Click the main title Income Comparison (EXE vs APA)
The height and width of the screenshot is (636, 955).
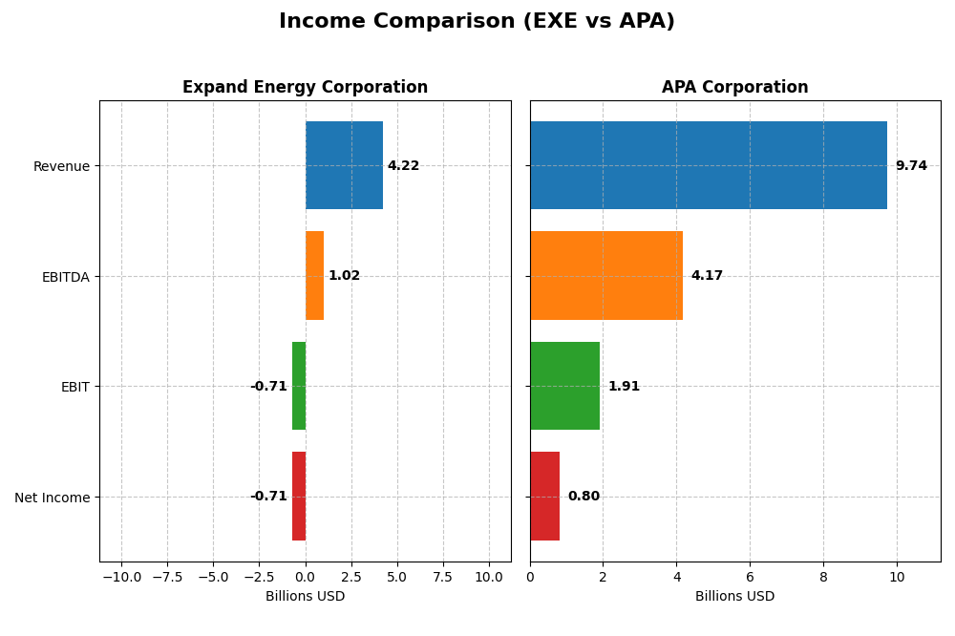[477, 22]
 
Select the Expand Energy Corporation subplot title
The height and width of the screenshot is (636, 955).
[305, 88]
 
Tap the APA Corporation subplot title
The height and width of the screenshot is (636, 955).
[734, 88]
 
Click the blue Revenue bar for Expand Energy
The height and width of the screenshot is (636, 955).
[344, 165]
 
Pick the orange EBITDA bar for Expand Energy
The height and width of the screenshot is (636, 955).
[314, 276]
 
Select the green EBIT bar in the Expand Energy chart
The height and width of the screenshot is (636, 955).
[299, 386]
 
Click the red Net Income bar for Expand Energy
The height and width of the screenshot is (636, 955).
[299, 497]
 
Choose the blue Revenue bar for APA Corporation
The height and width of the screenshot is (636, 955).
[708, 165]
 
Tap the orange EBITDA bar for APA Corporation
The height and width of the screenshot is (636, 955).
[605, 276]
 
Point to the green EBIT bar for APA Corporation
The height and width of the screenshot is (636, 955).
[564, 386]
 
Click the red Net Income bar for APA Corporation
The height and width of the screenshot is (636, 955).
[544, 497]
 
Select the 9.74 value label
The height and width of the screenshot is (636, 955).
[911, 166]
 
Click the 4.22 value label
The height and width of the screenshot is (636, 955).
[403, 166]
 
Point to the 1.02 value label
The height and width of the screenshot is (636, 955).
[344, 276]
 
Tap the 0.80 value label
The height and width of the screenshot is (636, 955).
[584, 497]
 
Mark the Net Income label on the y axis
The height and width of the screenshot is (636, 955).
[52, 498]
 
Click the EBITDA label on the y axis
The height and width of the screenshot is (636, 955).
[65, 277]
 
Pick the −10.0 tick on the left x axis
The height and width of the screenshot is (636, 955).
[121, 578]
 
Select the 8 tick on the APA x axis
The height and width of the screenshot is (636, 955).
[823, 578]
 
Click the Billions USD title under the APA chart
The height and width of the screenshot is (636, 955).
[734, 597]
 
